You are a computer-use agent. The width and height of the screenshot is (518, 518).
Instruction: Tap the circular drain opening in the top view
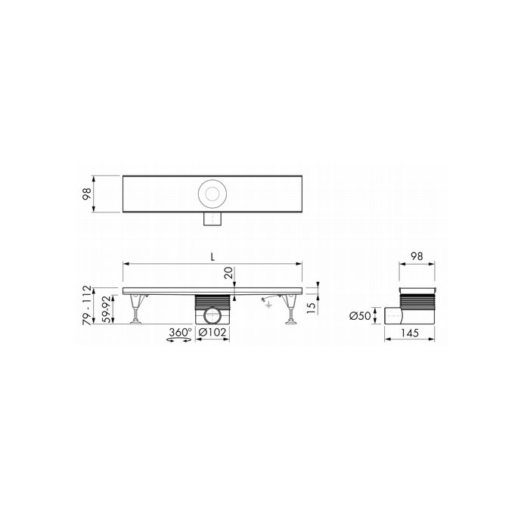[x=212, y=194]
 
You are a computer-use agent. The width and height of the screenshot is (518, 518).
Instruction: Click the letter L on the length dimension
[x=215, y=257]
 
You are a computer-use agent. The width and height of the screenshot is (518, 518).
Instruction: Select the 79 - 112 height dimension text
[x=88, y=306]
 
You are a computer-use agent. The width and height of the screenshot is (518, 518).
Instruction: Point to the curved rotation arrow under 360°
[x=178, y=343]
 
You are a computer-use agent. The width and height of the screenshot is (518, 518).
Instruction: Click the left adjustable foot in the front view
[x=136, y=312]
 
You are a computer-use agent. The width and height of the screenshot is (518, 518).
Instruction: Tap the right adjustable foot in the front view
[x=290, y=312]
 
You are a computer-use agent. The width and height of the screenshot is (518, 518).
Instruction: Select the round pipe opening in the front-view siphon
[x=212, y=314]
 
